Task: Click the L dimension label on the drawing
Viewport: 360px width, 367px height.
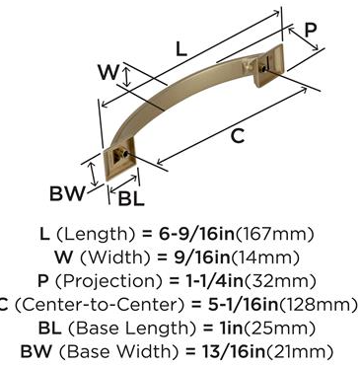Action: pyautogui.click(x=181, y=49)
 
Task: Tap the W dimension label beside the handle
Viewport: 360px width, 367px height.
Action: pyautogui.click(x=108, y=72)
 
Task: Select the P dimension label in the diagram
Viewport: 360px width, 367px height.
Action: pyautogui.click(x=310, y=30)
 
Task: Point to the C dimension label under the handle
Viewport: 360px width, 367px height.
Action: pyautogui.click(x=238, y=136)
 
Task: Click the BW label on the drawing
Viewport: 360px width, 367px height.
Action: pyautogui.click(x=67, y=193)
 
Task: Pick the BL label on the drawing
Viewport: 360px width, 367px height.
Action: pyautogui.click(x=131, y=198)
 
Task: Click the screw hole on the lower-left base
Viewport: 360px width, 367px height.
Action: pyautogui.click(x=124, y=153)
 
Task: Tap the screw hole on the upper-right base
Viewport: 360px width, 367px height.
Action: pyautogui.click(x=263, y=69)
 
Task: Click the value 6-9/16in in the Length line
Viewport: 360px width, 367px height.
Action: pyautogui.click(x=197, y=234)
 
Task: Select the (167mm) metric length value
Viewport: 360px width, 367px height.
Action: pyautogui.click(x=275, y=235)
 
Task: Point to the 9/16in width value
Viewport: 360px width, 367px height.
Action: pyautogui.click(x=201, y=257)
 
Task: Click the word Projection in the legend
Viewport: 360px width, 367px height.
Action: pyautogui.click(x=108, y=282)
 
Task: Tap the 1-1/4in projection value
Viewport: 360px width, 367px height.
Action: pyautogui.click(x=211, y=281)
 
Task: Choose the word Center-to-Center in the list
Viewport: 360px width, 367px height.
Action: pyautogui.click(x=100, y=305)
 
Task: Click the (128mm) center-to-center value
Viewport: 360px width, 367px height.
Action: pyautogui.click(x=318, y=305)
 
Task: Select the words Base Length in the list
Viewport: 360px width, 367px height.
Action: pyautogui.click(x=131, y=329)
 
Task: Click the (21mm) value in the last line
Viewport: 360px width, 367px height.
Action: pyautogui.click(x=299, y=352)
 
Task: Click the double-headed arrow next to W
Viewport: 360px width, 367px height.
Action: pyautogui.click(x=125, y=76)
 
